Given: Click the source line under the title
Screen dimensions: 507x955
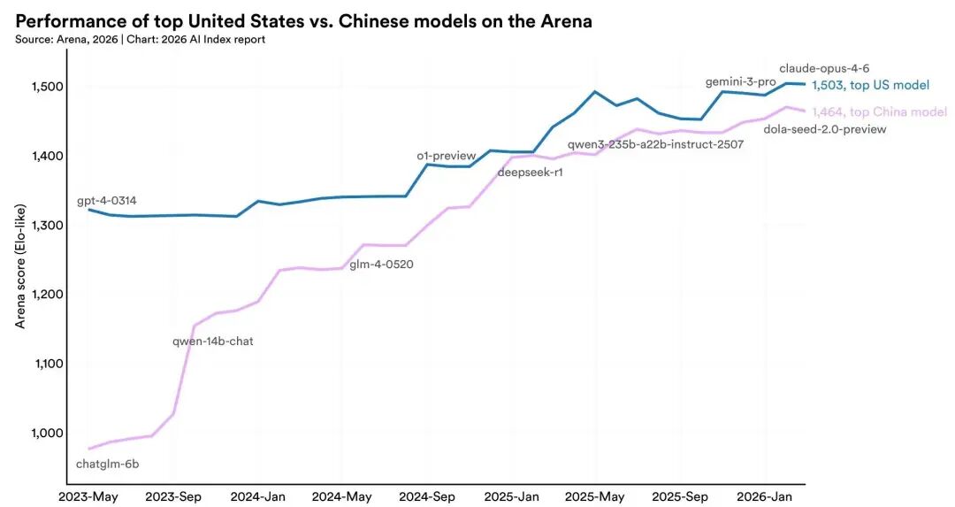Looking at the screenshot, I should point(141,39).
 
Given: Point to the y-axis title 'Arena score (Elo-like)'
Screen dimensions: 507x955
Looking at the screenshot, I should point(20,265).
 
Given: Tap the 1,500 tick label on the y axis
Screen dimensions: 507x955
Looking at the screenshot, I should point(39,87).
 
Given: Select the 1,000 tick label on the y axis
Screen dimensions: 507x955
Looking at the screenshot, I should point(39,433).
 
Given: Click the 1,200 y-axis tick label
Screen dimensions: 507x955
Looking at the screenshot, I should point(39,295).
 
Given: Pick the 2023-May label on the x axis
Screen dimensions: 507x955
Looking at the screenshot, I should point(88,496).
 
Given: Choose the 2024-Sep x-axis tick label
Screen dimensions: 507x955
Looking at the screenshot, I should point(427,496).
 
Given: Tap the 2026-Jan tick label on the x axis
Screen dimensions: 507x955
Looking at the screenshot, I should point(767,496).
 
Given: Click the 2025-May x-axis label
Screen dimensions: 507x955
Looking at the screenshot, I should point(596,496).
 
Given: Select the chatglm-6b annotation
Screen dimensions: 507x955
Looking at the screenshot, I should point(108,464).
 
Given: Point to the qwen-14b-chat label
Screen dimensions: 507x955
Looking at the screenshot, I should point(213,341).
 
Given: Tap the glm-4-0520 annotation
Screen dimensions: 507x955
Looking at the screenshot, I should point(381,264).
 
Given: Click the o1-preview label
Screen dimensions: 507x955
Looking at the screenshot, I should point(447,156).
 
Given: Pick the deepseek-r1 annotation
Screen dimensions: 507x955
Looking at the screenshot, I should point(531,173).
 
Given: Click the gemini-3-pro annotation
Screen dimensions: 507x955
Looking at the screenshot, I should point(740,81).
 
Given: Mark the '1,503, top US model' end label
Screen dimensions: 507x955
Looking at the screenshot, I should point(870,85).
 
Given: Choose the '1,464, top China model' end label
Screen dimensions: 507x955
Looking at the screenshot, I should point(879,111).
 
